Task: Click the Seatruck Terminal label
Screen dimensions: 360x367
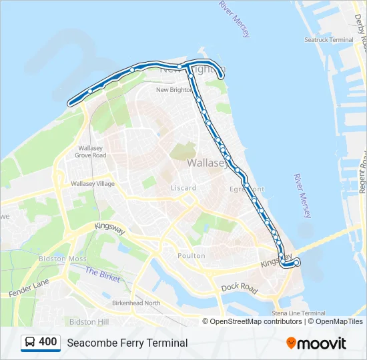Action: point(329,40)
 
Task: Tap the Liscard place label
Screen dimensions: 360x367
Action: point(183,188)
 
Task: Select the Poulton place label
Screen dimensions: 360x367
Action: point(192,256)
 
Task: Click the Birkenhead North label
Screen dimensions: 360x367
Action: point(136,303)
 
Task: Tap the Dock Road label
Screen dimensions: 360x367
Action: point(239,288)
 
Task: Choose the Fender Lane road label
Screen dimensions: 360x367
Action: point(29,288)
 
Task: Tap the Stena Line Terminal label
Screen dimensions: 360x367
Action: point(298,313)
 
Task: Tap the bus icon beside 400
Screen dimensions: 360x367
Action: point(30,343)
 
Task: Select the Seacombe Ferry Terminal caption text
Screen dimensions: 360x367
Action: point(127,343)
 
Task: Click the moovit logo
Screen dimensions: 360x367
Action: point(316,343)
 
